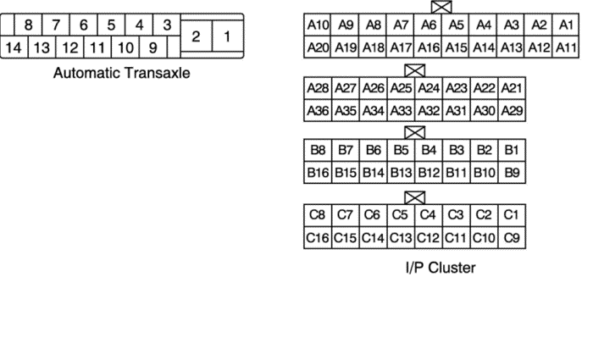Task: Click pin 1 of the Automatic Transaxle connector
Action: (226, 36)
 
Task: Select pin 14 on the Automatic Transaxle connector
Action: (13, 48)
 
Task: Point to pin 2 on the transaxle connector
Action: (196, 36)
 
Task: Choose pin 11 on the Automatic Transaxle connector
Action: (97, 48)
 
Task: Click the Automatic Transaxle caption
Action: (122, 73)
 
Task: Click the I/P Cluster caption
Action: (441, 269)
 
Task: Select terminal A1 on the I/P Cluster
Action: (566, 26)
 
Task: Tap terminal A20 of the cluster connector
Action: (318, 47)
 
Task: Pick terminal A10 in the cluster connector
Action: (318, 26)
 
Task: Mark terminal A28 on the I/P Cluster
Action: (318, 89)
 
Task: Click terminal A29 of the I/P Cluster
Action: (511, 110)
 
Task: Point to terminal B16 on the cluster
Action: (318, 173)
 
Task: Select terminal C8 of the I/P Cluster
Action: (318, 215)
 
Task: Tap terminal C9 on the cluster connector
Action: (511, 237)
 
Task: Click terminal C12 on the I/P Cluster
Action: (429, 237)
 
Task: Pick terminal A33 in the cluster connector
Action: (401, 110)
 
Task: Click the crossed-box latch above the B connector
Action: (414, 133)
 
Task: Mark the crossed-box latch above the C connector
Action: (414, 197)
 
